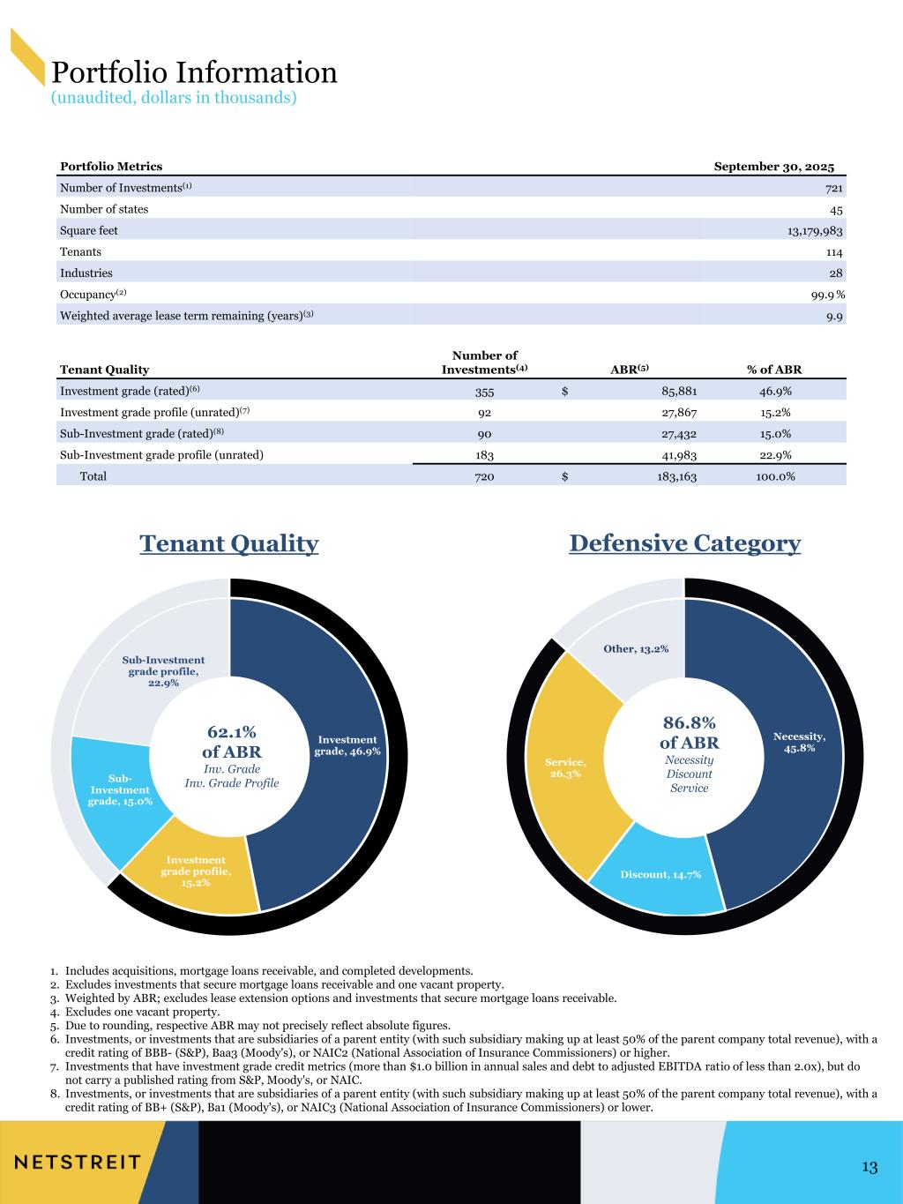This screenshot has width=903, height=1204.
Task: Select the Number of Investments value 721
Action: pyautogui.click(x=833, y=189)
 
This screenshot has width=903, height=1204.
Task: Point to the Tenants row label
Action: pyautogui.click(x=80, y=252)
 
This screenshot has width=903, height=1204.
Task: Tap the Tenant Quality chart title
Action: pyautogui.click(x=229, y=544)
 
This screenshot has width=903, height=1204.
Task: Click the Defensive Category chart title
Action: pyautogui.click(x=685, y=543)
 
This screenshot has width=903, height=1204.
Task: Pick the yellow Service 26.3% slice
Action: pyautogui.click(x=565, y=767)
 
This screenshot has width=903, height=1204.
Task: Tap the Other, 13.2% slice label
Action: pyautogui.click(x=636, y=649)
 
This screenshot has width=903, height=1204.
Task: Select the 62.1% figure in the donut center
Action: pyautogui.click(x=232, y=732)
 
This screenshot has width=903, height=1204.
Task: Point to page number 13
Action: pyautogui.click(x=869, y=1168)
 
